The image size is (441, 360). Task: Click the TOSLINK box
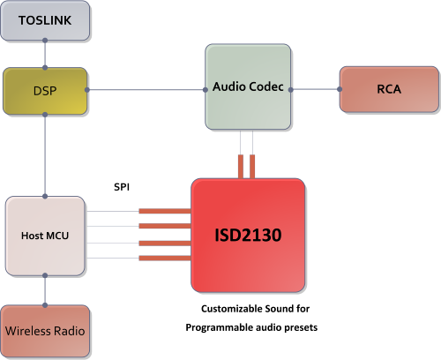[x=45, y=21]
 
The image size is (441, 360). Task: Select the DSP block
[x=45, y=89]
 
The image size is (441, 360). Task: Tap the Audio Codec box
[x=248, y=87]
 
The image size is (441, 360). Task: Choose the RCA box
[x=389, y=88]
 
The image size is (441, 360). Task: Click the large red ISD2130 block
[x=248, y=236]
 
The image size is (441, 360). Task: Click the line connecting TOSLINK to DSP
[x=45, y=54]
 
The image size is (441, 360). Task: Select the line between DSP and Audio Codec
[x=146, y=88]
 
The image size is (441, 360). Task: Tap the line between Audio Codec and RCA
[x=315, y=88]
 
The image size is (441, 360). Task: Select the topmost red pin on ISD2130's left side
[x=165, y=212]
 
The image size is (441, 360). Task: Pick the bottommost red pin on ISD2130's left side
[x=165, y=258]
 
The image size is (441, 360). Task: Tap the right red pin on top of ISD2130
[x=253, y=166]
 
